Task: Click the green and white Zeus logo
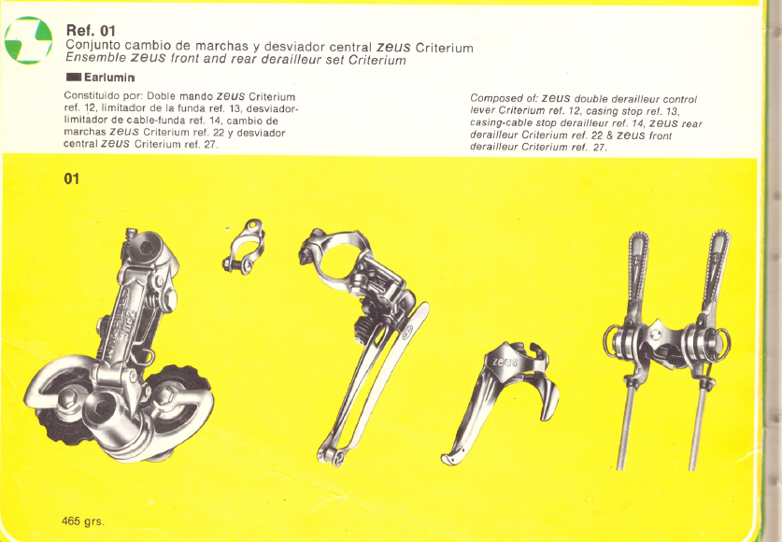(x=28, y=40)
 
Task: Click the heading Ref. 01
(x=91, y=31)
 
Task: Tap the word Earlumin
(x=109, y=78)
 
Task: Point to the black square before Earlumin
(x=73, y=78)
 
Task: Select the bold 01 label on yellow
(x=71, y=178)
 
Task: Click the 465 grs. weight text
(x=83, y=521)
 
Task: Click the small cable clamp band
(x=243, y=247)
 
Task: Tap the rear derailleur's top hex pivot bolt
(x=146, y=249)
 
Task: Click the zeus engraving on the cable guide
(x=505, y=362)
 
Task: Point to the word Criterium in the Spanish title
(x=444, y=49)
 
